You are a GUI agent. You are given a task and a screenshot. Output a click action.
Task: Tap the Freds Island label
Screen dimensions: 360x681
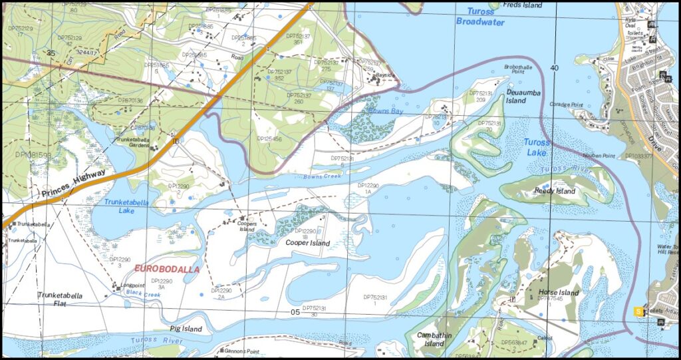(x=523, y=5)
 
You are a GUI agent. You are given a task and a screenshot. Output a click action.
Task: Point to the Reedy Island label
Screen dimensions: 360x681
(x=555, y=191)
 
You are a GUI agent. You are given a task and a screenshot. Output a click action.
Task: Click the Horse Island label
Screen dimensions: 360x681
(x=559, y=293)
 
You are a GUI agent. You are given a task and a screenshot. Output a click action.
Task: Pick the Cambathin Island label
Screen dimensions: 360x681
(x=434, y=339)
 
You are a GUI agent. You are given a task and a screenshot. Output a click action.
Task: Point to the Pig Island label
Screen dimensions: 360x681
(x=186, y=329)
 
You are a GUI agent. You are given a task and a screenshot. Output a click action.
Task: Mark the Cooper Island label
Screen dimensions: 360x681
(x=307, y=243)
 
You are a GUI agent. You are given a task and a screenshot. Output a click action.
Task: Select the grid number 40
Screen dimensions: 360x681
(x=555, y=68)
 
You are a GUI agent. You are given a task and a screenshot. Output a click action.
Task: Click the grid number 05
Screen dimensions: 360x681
(x=295, y=311)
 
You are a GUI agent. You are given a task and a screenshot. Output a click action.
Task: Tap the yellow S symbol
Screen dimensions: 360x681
(x=639, y=311)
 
